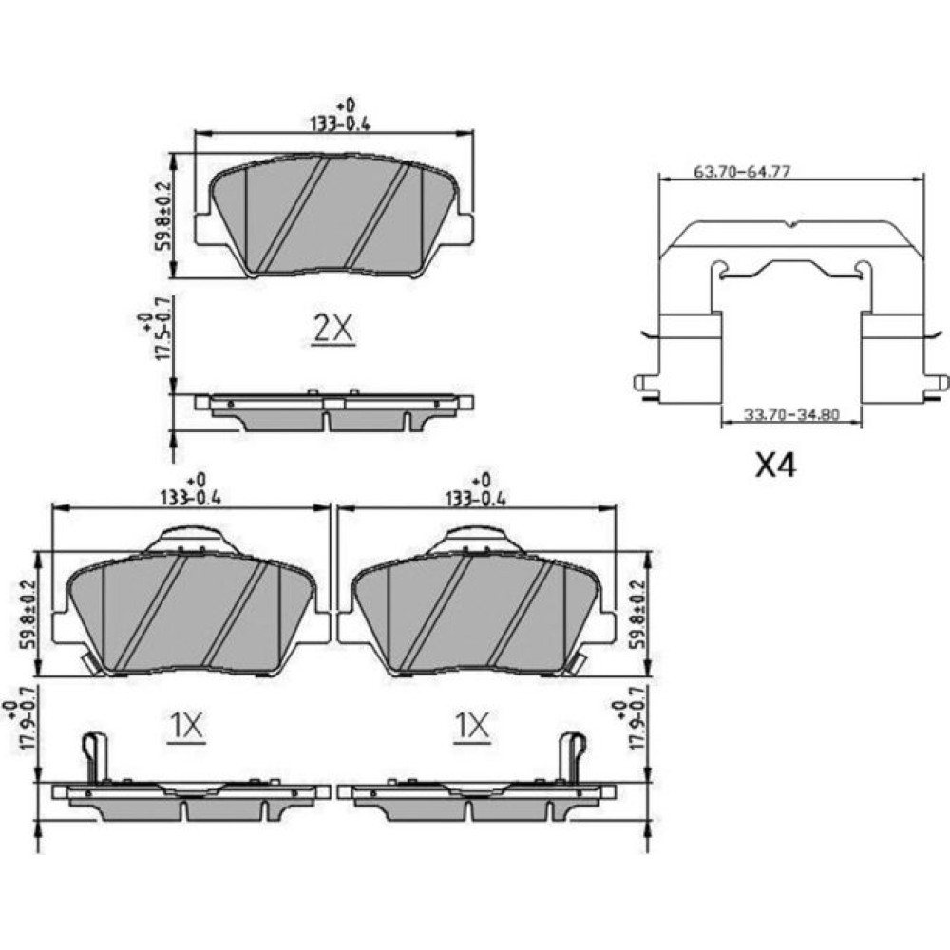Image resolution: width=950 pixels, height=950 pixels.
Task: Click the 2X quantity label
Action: (x=333, y=331)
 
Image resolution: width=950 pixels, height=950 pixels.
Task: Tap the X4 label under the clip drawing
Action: (x=775, y=465)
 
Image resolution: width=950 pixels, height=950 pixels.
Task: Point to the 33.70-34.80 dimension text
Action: (x=791, y=415)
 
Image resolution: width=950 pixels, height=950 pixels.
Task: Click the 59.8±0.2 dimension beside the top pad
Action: (x=164, y=218)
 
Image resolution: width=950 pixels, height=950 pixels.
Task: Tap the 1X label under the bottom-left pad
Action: (x=186, y=726)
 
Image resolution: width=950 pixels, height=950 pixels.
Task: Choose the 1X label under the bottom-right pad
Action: (x=472, y=726)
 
